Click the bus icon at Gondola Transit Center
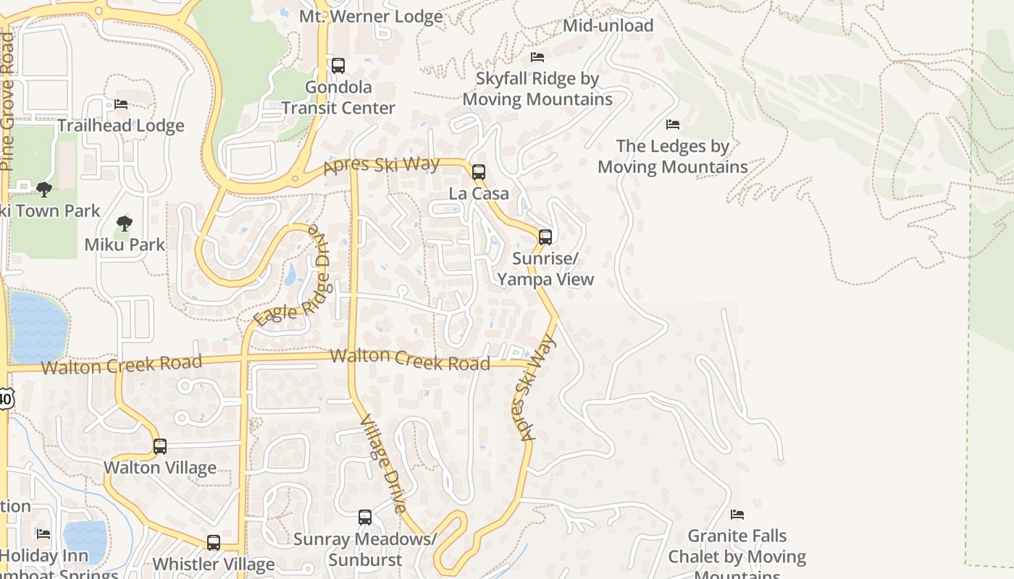pos(338,66)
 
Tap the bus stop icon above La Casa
pos(478,172)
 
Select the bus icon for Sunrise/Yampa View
pos(545,237)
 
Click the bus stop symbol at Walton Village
pos(159,447)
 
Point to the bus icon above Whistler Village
pos(213,543)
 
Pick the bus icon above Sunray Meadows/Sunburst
pos(365,517)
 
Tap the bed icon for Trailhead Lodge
pos(121,104)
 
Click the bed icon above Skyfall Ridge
pos(537,56)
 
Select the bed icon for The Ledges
pos(673,124)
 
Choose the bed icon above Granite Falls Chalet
pos(737,515)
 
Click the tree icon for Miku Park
pos(125,223)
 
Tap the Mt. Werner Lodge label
pos(371,16)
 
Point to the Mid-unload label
pos(608,25)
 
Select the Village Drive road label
pos(382,463)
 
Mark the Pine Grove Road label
pos(7,101)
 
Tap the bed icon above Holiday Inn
pos(43,534)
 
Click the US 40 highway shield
pos(5,398)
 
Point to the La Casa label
pos(479,194)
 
